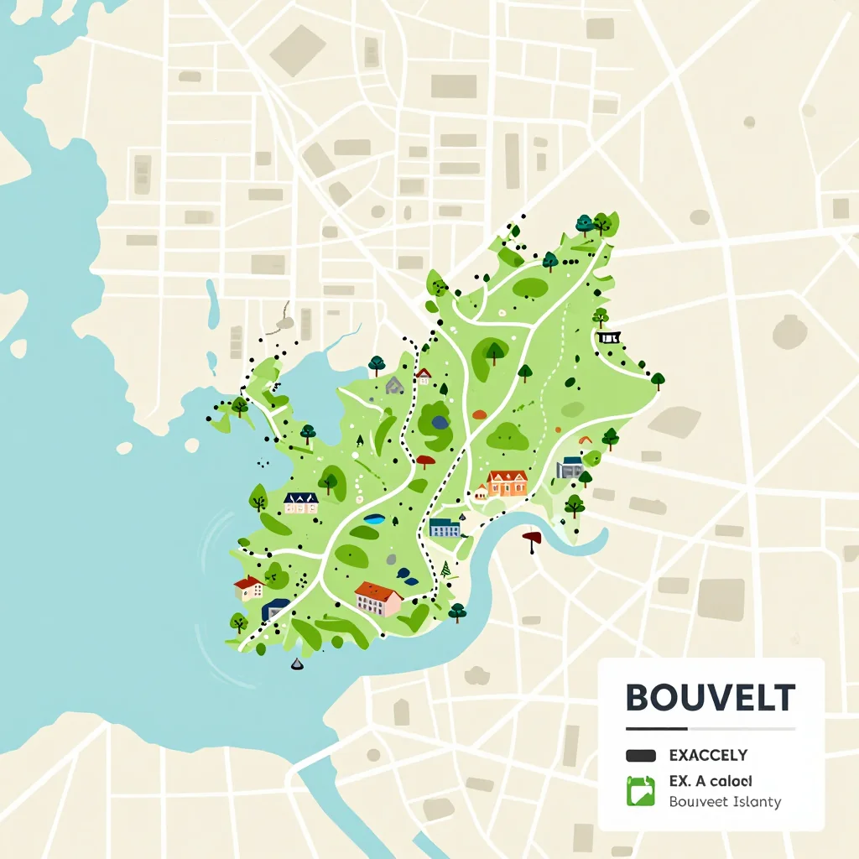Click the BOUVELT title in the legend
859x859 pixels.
710,697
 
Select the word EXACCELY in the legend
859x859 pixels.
708,756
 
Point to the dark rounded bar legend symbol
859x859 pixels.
641,756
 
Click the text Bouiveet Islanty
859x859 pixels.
725,802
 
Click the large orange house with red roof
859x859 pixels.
507,482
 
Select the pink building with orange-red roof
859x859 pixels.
377,599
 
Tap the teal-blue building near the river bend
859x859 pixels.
444,528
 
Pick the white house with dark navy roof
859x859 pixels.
300,502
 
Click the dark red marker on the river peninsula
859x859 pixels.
532,539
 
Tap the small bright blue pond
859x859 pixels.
374,520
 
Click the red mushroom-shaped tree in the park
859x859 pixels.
425,461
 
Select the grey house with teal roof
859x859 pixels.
570,467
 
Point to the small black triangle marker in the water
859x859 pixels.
296,664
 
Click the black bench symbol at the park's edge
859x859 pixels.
609,337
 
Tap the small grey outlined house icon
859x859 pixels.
394,385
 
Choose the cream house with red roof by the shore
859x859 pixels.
249,587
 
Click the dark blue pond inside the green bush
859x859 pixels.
440,422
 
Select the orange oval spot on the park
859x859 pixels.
479,414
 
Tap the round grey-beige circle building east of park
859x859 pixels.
789,331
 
